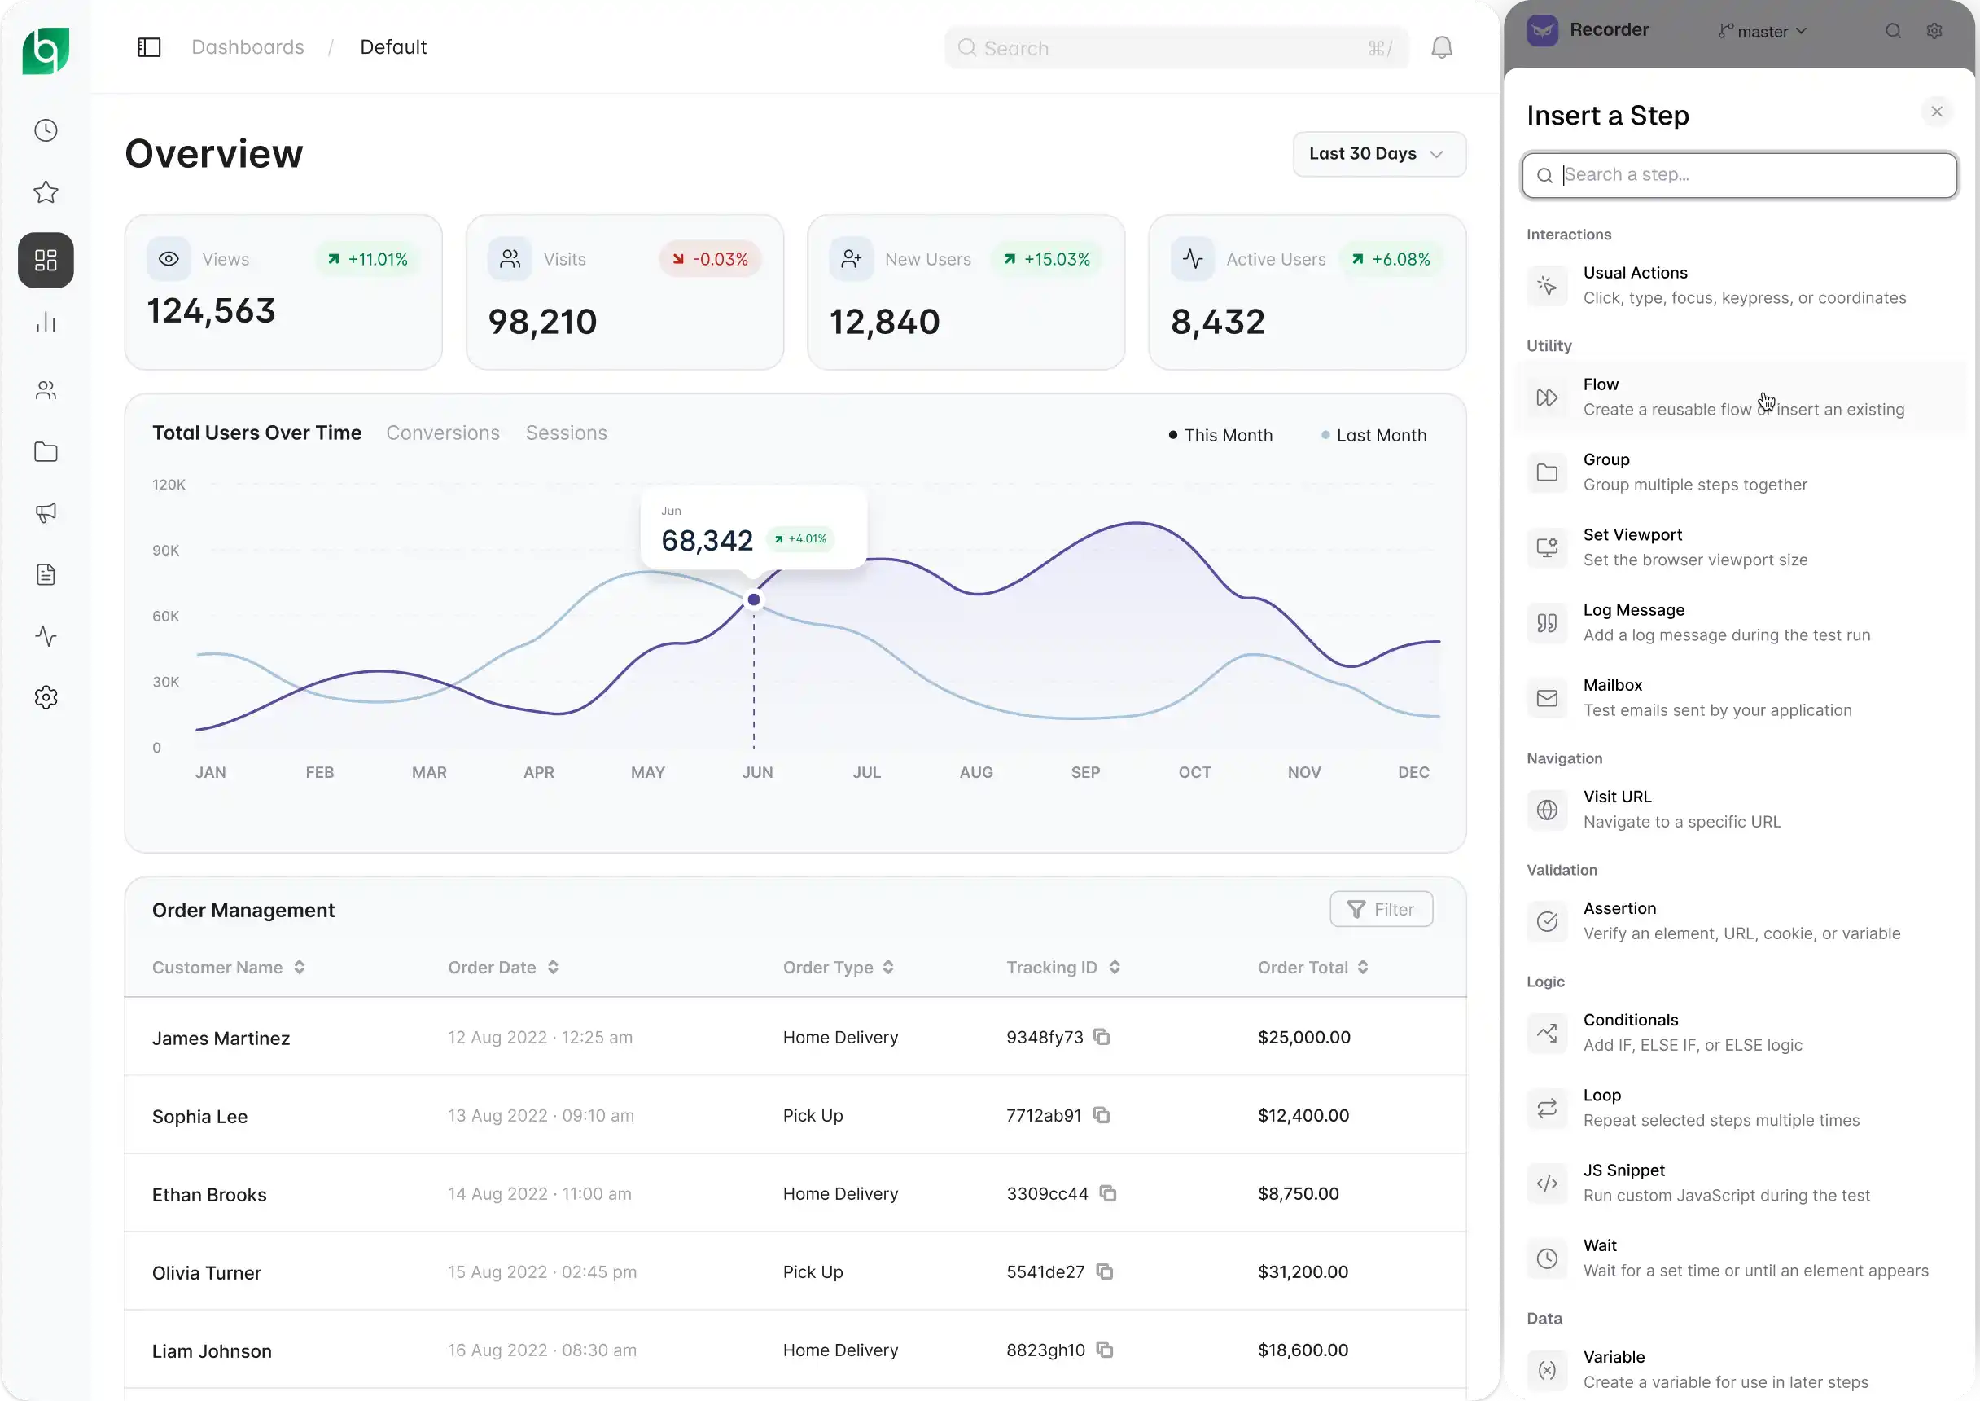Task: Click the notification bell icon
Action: [x=1442, y=47]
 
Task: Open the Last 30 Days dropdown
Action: [x=1379, y=154]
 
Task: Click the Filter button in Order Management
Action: [x=1381, y=909]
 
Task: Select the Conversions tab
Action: [x=442, y=433]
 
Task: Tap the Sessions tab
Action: [x=567, y=433]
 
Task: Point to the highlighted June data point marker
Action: [x=754, y=599]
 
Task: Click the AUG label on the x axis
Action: [x=976, y=772]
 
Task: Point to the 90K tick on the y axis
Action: [x=165, y=551]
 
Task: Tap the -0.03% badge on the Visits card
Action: [x=711, y=259]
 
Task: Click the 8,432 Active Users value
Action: [x=1218, y=322]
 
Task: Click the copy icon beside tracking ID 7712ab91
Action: [x=1102, y=1114]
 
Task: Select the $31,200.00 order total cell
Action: [x=1302, y=1271]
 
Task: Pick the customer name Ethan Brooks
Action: [x=209, y=1195]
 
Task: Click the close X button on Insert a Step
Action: [x=1937, y=112]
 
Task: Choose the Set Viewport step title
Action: [x=1632, y=535]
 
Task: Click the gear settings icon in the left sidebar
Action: [x=46, y=697]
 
